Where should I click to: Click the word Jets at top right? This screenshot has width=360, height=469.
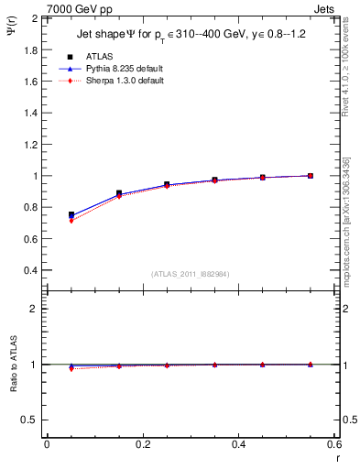[x=326, y=8]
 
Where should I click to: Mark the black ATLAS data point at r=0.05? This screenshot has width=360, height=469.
[x=71, y=214]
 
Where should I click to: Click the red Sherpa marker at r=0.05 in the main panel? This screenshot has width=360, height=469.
[x=71, y=221]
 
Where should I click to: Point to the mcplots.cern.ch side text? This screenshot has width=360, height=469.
[x=352, y=247]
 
